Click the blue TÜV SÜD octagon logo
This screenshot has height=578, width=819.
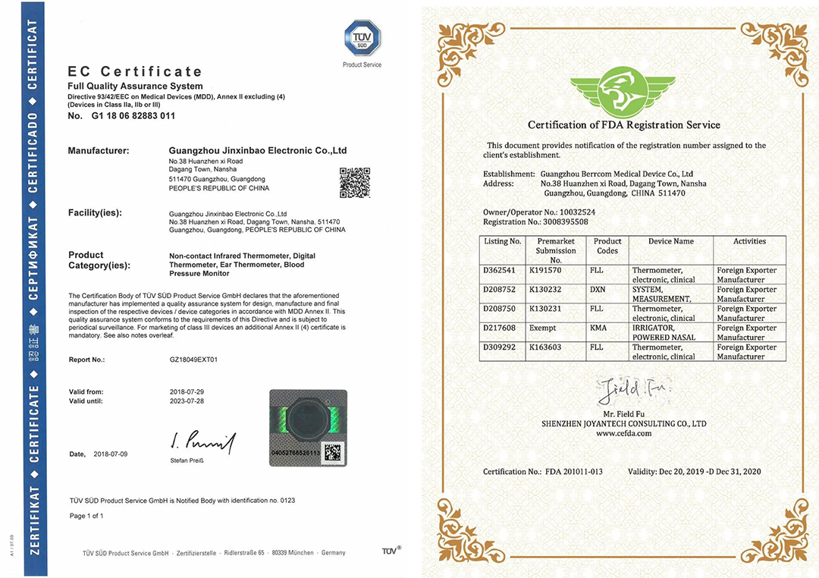coord(362,37)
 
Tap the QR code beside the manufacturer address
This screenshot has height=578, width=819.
coord(354,182)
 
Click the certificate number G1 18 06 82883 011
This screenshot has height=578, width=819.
coord(133,116)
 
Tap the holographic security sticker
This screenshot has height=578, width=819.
coord(308,426)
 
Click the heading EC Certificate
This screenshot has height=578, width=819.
coord(135,72)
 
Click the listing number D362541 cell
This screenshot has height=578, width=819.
coord(503,270)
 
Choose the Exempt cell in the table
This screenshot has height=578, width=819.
coord(543,328)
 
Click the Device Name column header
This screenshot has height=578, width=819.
coord(671,241)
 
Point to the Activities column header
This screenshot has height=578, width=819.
coord(749,241)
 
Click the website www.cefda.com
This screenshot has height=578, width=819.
coord(623,433)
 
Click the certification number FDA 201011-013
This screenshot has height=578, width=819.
coord(573,472)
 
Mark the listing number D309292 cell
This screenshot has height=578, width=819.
coord(503,347)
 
